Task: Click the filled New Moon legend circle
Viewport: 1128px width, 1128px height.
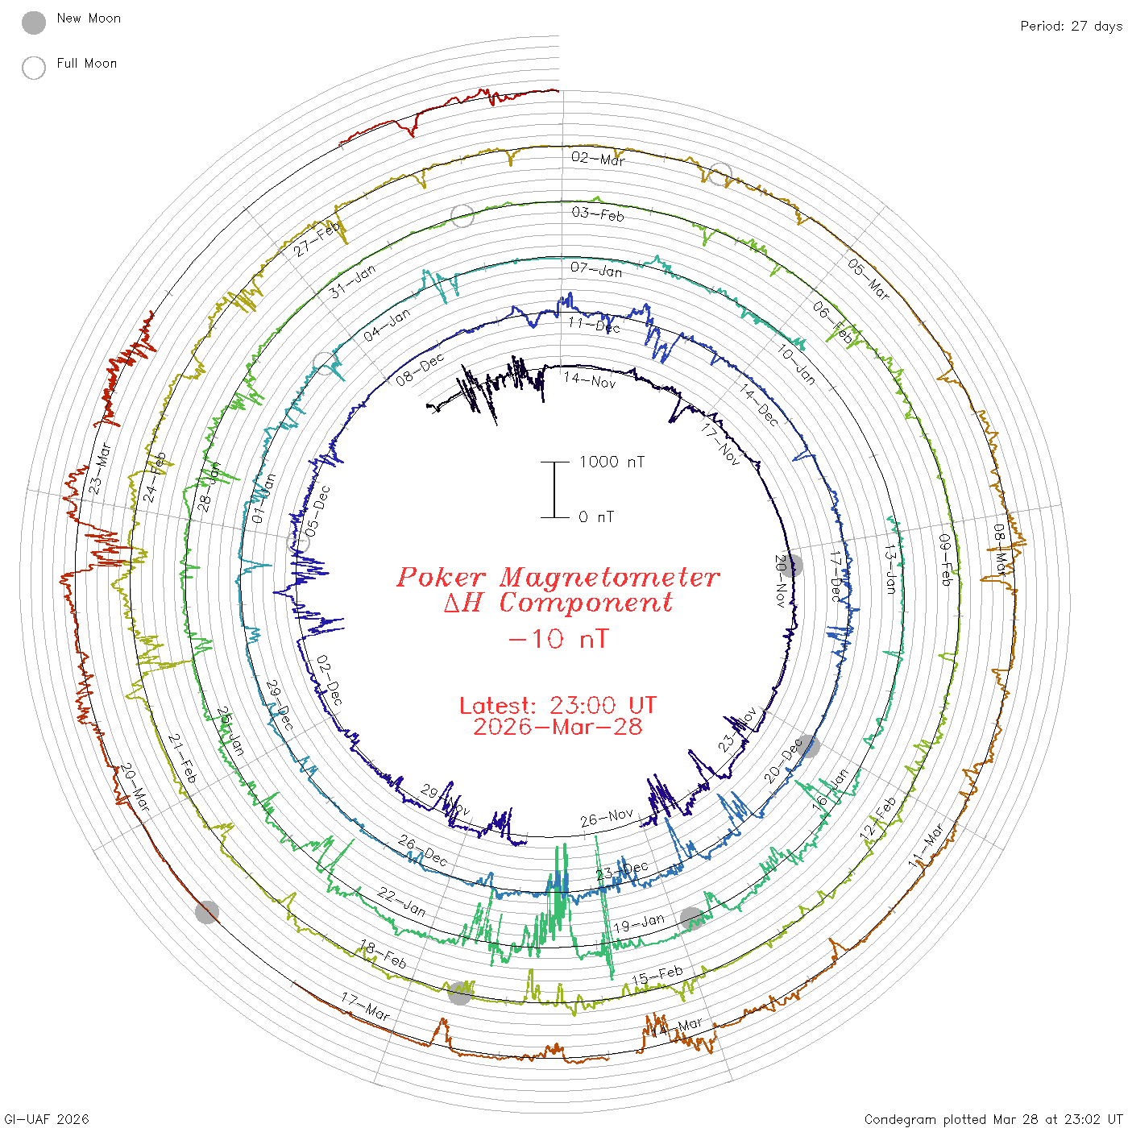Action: click(x=34, y=23)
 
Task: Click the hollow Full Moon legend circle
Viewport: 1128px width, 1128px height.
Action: click(x=34, y=68)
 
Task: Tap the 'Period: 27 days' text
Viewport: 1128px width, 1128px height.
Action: click(x=1071, y=26)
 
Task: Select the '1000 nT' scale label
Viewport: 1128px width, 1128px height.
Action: click(x=612, y=462)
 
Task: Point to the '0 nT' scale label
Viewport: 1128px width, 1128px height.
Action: click(x=596, y=517)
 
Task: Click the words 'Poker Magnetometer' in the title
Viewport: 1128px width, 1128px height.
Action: click(x=558, y=577)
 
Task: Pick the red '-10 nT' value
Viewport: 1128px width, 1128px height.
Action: click(x=558, y=639)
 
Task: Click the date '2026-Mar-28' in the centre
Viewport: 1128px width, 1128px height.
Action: click(x=558, y=728)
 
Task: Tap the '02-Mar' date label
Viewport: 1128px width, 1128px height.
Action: click(x=598, y=159)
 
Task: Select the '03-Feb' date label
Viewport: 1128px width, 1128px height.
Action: click(x=598, y=214)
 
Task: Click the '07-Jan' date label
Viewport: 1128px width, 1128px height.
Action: click(x=596, y=269)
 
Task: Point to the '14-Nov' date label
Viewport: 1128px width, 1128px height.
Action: click(x=590, y=379)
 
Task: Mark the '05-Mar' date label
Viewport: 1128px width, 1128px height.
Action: click(x=869, y=279)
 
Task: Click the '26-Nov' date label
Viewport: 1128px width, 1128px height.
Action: click(x=607, y=819)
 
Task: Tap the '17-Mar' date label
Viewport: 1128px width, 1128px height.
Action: click(x=366, y=1007)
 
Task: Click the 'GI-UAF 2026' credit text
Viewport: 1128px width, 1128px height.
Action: click(x=47, y=1119)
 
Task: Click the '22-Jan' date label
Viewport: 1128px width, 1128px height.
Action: click(x=402, y=902)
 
